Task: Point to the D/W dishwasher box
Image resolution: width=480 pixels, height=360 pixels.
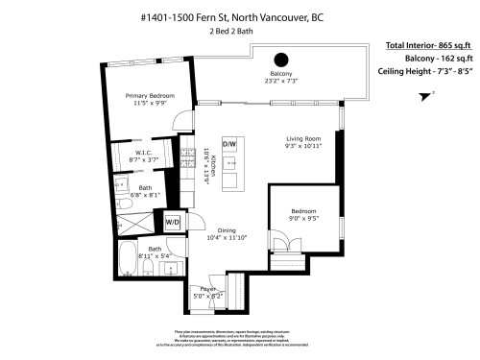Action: [229, 144]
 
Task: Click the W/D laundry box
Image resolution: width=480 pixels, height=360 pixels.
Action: [173, 222]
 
